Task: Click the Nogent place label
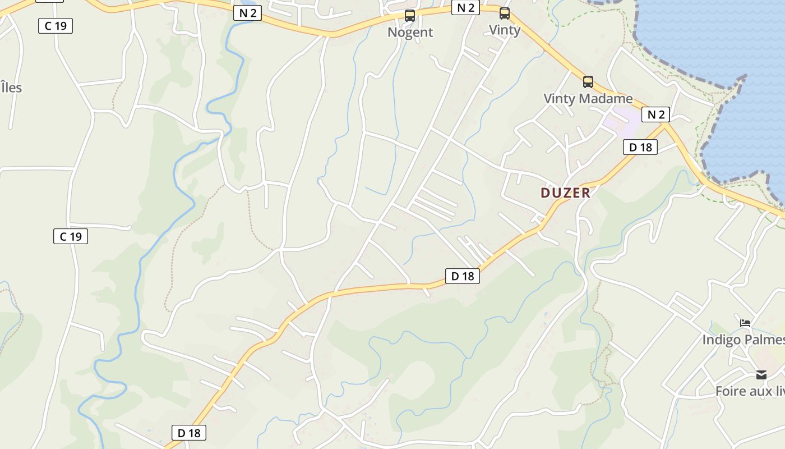(410, 32)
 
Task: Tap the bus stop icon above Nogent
(410, 16)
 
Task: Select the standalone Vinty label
(505, 30)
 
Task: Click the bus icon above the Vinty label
(505, 13)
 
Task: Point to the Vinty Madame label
(588, 99)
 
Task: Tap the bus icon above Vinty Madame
(588, 82)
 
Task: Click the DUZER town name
(565, 193)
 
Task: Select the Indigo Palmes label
(743, 340)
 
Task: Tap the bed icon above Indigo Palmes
(745, 323)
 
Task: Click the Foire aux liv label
(750, 391)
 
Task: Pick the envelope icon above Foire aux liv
(761, 374)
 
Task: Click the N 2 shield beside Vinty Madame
(655, 115)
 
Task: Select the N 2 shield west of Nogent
(247, 13)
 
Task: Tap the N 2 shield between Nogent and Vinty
(465, 7)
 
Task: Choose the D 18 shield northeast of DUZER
(640, 147)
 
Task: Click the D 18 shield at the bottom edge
(189, 433)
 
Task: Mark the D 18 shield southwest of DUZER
(463, 276)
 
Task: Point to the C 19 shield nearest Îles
(56, 26)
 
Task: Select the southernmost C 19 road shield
(71, 236)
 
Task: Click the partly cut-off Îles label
(11, 88)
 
